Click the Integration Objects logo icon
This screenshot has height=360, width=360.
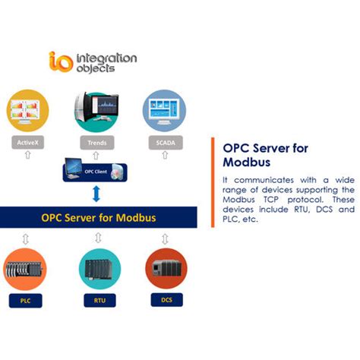(58, 60)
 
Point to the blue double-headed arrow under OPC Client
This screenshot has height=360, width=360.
(96, 195)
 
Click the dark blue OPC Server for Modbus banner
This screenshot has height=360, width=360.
(98, 218)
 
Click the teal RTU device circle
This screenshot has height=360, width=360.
(99, 267)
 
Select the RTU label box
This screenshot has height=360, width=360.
(99, 301)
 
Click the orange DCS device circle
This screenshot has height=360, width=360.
(166, 267)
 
